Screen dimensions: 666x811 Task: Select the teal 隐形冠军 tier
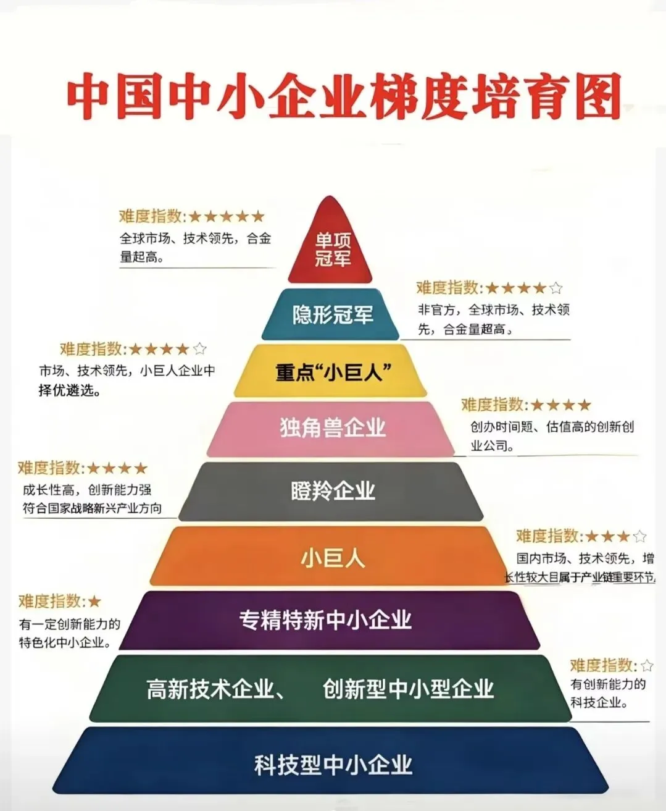[332, 315]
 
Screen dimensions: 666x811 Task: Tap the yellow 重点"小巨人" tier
[333, 372]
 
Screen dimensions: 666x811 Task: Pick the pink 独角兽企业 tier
[333, 428]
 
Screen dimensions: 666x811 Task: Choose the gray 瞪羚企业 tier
[333, 492]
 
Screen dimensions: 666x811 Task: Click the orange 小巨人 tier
[333, 558]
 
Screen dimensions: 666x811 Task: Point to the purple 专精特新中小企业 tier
[326, 620]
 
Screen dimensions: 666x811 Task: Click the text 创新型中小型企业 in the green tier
[407, 689]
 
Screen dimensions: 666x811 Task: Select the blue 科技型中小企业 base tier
[333, 765]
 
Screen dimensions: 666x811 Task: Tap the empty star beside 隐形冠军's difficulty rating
[556, 288]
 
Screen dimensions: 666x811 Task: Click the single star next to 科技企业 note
[646, 665]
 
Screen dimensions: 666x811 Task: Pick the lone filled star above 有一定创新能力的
[94, 601]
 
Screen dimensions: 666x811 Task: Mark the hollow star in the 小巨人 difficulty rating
[640, 536]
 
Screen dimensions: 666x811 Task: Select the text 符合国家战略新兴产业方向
[93, 508]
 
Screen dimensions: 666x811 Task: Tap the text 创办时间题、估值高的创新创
[552, 427]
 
